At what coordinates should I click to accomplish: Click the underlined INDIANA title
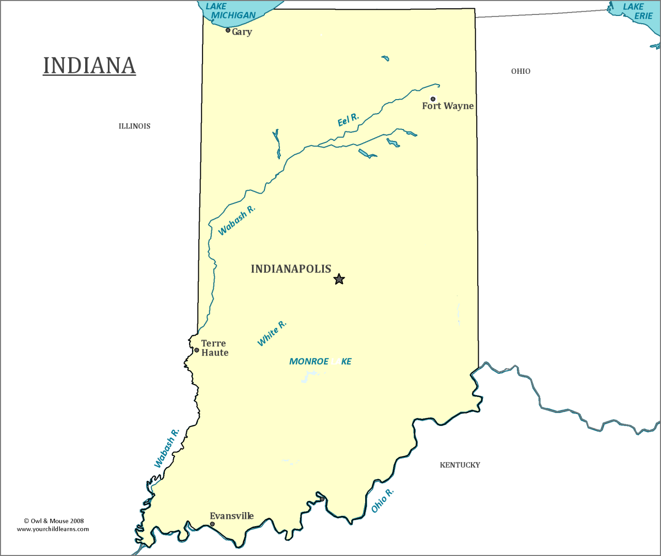(89, 66)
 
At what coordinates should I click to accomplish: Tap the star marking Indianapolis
(339, 279)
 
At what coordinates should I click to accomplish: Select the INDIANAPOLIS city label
(291, 269)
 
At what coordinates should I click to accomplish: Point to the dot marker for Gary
(228, 30)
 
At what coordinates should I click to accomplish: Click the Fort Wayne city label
(448, 106)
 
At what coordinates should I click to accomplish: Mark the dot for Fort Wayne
(433, 99)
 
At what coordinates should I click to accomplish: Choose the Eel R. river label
(348, 120)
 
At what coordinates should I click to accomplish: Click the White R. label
(272, 333)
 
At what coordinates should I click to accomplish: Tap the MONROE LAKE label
(320, 361)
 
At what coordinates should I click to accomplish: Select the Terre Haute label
(214, 348)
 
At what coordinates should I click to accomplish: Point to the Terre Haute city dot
(197, 350)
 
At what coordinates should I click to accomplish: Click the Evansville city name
(231, 516)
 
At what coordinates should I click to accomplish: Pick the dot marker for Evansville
(212, 524)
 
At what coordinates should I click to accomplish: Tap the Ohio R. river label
(382, 500)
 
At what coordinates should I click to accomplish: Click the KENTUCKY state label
(460, 465)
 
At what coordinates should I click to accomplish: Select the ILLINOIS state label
(134, 126)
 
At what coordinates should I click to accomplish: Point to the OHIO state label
(521, 71)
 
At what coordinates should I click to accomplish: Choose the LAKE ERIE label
(638, 11)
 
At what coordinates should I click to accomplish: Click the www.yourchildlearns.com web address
(53, 529)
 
